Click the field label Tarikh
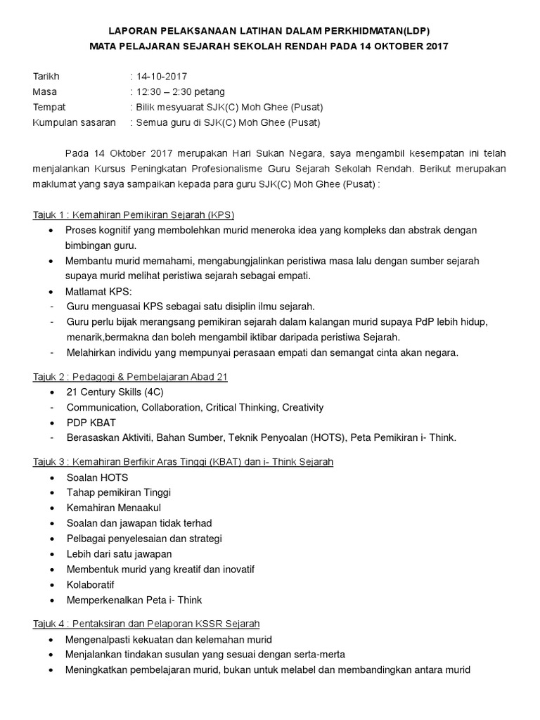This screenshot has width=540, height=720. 46,76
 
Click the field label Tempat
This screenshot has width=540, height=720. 49,107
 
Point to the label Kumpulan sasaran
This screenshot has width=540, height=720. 75,122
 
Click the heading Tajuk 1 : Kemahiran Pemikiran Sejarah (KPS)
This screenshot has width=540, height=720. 134,214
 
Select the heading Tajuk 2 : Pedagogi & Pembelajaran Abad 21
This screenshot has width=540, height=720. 130,377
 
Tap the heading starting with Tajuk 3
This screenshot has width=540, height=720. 183,462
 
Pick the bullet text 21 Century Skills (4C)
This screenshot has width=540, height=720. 115,392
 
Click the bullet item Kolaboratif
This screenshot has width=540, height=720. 91,584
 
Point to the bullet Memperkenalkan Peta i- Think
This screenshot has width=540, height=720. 134,600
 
